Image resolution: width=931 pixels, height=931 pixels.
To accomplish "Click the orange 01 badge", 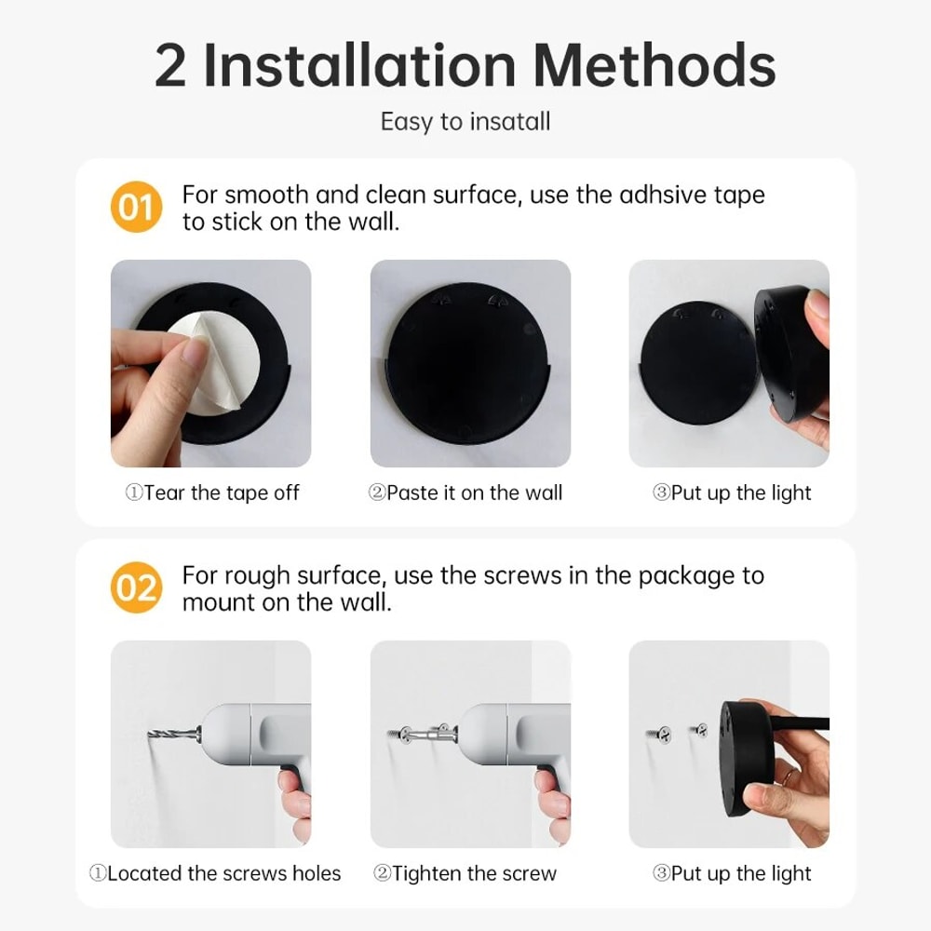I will click(x=136, y=208).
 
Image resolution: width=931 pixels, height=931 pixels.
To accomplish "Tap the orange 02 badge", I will click(x=136, y=588).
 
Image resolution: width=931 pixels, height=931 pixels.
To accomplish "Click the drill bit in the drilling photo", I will click(x=176, y=735).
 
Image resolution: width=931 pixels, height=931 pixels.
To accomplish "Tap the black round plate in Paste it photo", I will click(x=470, y=363).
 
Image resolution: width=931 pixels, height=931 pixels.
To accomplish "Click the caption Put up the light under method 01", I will click(x=732, y=493).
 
